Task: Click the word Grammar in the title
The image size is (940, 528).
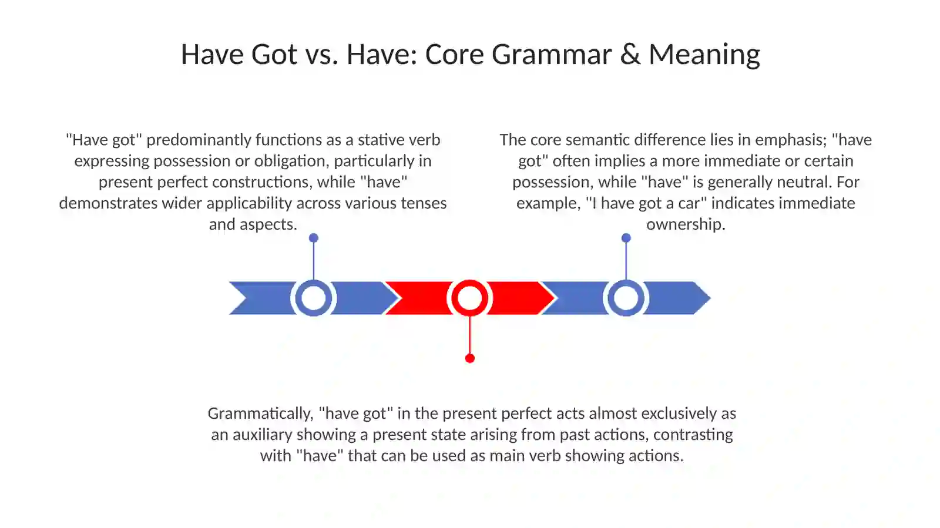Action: [x=552, y=55]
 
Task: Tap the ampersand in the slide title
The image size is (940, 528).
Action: [x=630, y=54]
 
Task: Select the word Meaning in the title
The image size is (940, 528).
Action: [x=704, y=55]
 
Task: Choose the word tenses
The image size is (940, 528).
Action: [x=424, y=203]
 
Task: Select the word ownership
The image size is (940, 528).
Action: [x=686, y=224]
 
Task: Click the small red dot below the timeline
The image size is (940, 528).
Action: [x=470, y=358]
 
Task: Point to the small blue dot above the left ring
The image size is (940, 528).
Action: [x=314, y=238]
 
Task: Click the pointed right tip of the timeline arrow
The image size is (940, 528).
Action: [x=710, y=298]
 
